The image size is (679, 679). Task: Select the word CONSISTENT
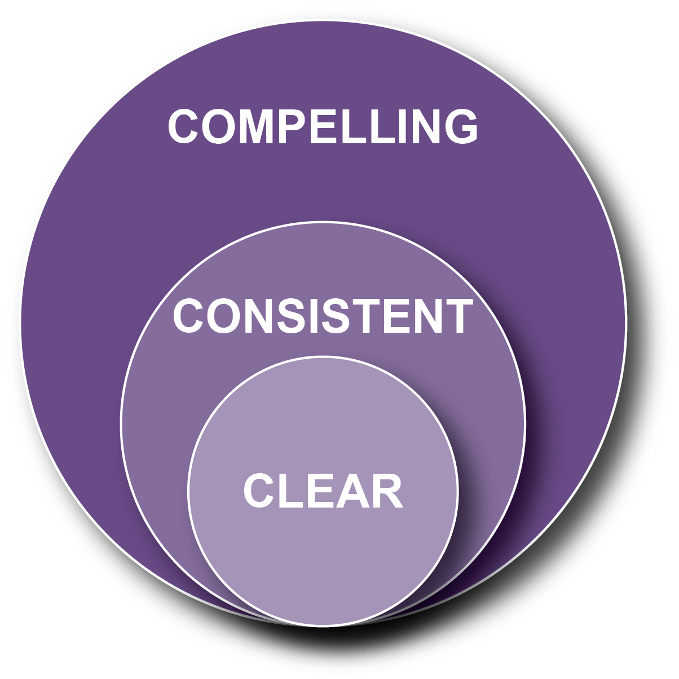tap(323, 316)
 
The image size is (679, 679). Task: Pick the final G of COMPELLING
tap(459, 126)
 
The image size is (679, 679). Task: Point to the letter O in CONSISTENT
tap(222, 316)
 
